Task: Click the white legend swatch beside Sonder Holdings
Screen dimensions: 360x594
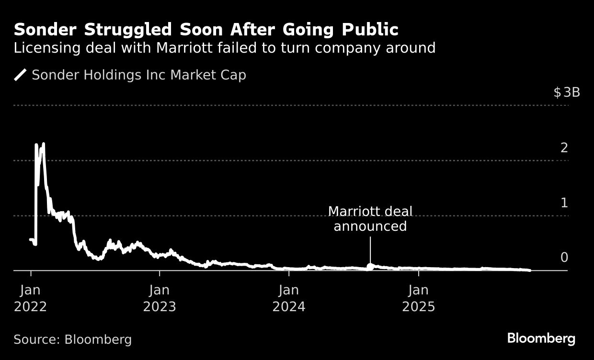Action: [x=20, y=75]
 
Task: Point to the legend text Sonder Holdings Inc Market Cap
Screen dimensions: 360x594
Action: [x=138, y=75]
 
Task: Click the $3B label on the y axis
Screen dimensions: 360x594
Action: [x=567, y=92]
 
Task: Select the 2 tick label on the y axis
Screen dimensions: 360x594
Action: [x=564, y=148]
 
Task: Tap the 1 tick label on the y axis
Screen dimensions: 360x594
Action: [x=564, y=203]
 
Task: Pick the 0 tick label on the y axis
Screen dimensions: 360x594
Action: [x=564, y=258]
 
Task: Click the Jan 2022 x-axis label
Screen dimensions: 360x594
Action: [x=30, y=298]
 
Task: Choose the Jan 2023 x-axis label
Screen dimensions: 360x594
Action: [x=160, y=298]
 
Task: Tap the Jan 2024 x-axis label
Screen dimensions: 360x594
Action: [x=289, y=298]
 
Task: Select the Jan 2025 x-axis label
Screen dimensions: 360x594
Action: [x=418, y=298]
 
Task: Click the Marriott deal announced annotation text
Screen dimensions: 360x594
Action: [x=370, y=219]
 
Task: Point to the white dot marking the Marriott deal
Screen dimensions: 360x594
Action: [x=370, y=266]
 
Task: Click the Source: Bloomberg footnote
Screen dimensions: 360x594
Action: [x=72, y=339]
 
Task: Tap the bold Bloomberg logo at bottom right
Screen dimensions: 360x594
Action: [x=541, y=338]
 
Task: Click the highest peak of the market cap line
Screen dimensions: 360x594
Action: [x=44, y=144]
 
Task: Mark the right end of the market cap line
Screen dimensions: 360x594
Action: [x=529, y=270]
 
